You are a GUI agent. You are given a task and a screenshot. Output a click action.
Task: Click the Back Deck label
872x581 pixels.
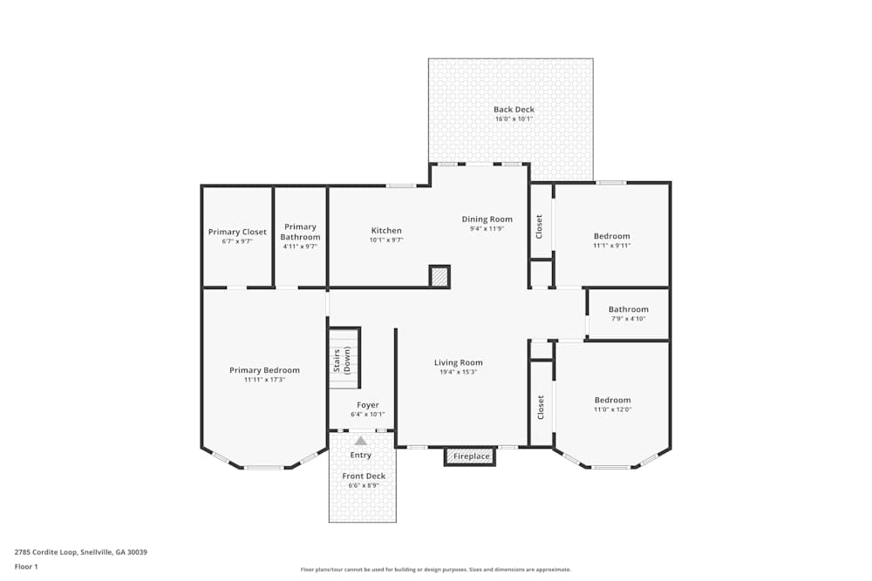[x=514, y=110]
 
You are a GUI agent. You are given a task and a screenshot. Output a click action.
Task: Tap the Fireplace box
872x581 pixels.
[x=469, y=456]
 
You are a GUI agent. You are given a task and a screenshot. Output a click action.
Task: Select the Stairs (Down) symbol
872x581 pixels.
[x=344, y=360]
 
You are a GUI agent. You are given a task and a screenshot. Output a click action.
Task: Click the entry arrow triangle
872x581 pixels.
[x=360, y=441]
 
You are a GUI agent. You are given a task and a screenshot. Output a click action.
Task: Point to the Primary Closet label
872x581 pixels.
[x=237, y=232]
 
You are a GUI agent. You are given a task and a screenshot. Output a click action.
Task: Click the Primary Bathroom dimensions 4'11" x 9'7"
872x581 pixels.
[x=300, y=247]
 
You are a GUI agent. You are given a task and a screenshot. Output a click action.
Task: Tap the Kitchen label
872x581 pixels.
[x=385, y=231]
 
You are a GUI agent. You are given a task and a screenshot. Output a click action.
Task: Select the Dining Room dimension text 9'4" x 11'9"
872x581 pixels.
[x=487, y=229]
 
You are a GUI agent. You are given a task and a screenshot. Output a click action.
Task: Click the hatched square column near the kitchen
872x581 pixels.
[x=439, y=277]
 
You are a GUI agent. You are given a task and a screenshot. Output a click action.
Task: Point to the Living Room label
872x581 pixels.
[x=459, y=362]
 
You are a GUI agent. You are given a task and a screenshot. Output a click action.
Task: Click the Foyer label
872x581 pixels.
[x=368, y=405]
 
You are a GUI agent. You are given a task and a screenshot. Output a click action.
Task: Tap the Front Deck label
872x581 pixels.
[x=364, y=476]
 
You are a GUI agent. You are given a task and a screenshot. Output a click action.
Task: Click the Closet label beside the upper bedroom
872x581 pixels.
[x=540, y=226]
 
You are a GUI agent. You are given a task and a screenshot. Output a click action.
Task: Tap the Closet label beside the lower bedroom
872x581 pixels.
[x=541, y=407]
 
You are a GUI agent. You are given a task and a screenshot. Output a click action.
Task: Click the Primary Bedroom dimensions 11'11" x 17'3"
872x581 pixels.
[x=264, y=380]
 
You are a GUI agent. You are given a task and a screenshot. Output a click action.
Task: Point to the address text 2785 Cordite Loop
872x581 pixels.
[x=81, y=552]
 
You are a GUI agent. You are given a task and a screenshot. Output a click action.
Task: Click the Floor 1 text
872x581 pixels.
[x=27, y=566]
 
